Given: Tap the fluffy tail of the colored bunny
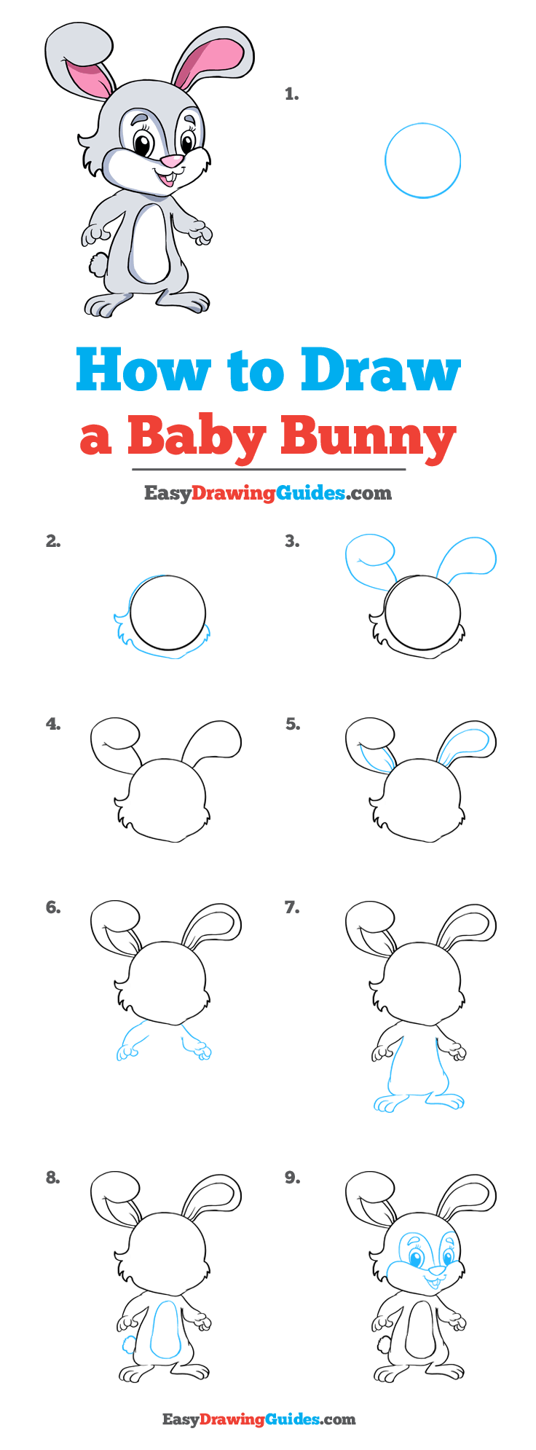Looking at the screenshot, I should pos(97,264).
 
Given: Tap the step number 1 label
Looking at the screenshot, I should pos(292,94).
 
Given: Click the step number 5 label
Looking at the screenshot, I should pos(292,724).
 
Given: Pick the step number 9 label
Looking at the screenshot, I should pos(292,1178).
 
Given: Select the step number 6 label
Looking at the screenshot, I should pos(52,907).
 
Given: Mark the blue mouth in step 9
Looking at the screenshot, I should pos(435,1282).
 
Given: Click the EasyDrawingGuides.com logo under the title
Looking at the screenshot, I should pos(267,493).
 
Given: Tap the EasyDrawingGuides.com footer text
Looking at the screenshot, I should pos(259,1419).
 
